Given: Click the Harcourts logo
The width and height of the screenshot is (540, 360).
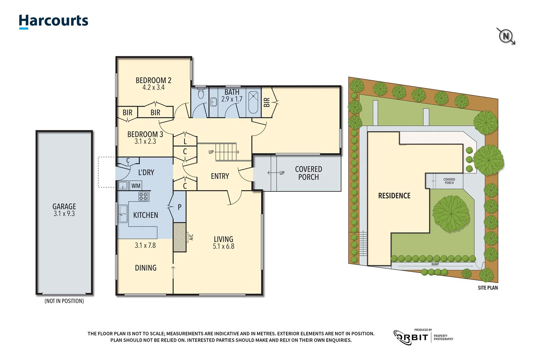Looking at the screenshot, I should point(53,21).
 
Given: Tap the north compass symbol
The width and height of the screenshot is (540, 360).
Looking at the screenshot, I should point(506,36).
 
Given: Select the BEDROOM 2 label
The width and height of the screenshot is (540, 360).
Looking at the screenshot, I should point(153,80).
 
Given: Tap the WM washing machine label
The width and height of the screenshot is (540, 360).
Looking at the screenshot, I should point(136,186).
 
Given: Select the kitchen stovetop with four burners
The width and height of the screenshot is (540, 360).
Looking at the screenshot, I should point(144,196).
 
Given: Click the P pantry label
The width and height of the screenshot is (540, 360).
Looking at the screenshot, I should point(180,207).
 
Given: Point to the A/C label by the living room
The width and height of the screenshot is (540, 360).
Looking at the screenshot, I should point(191,237).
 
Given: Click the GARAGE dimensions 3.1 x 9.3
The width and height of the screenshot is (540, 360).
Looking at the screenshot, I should point(64,214).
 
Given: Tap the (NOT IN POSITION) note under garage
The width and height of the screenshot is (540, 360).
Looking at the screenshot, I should point(64,301).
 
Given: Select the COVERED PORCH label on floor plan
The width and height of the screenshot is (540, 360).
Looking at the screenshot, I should point(308,173).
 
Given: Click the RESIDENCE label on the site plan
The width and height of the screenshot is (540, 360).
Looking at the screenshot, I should point(394,196).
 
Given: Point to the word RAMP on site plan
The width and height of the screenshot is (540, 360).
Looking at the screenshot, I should point(435,264).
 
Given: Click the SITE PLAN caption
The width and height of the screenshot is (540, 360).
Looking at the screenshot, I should point(488,288).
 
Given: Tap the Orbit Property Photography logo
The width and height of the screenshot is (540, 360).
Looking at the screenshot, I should point(423,337).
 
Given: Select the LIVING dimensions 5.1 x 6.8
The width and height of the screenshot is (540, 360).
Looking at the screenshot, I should point(223,246).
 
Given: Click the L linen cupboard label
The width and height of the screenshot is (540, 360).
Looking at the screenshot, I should point(185,141).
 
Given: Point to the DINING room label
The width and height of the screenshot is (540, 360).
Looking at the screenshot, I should point(146,268).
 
